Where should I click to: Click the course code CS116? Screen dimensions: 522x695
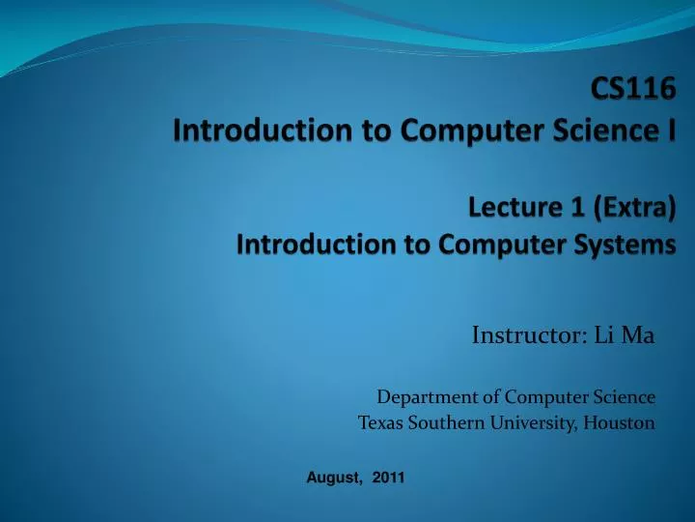[x=633, y=97]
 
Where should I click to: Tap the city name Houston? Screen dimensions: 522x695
[x=619, y=422]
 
